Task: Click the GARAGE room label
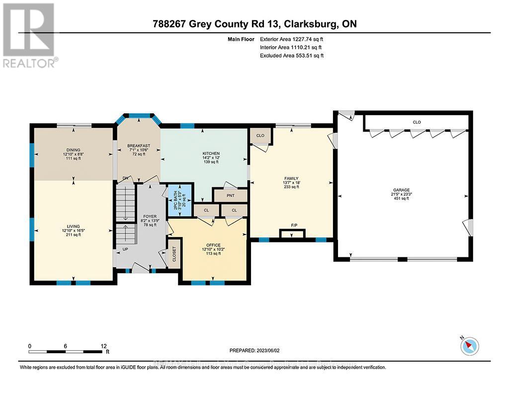coord(401,190)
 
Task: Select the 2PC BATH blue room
coord(179,200)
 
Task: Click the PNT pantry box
coord(230,195)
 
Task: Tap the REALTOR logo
coord(29,35)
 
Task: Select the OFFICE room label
coord(214,244)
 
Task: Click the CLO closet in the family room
coord(259,135)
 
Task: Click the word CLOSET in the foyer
coord(174,254)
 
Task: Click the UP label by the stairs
coord(125,249)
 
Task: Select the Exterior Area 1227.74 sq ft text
coord(292,39)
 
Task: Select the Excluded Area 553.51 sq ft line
coord(292,56)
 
